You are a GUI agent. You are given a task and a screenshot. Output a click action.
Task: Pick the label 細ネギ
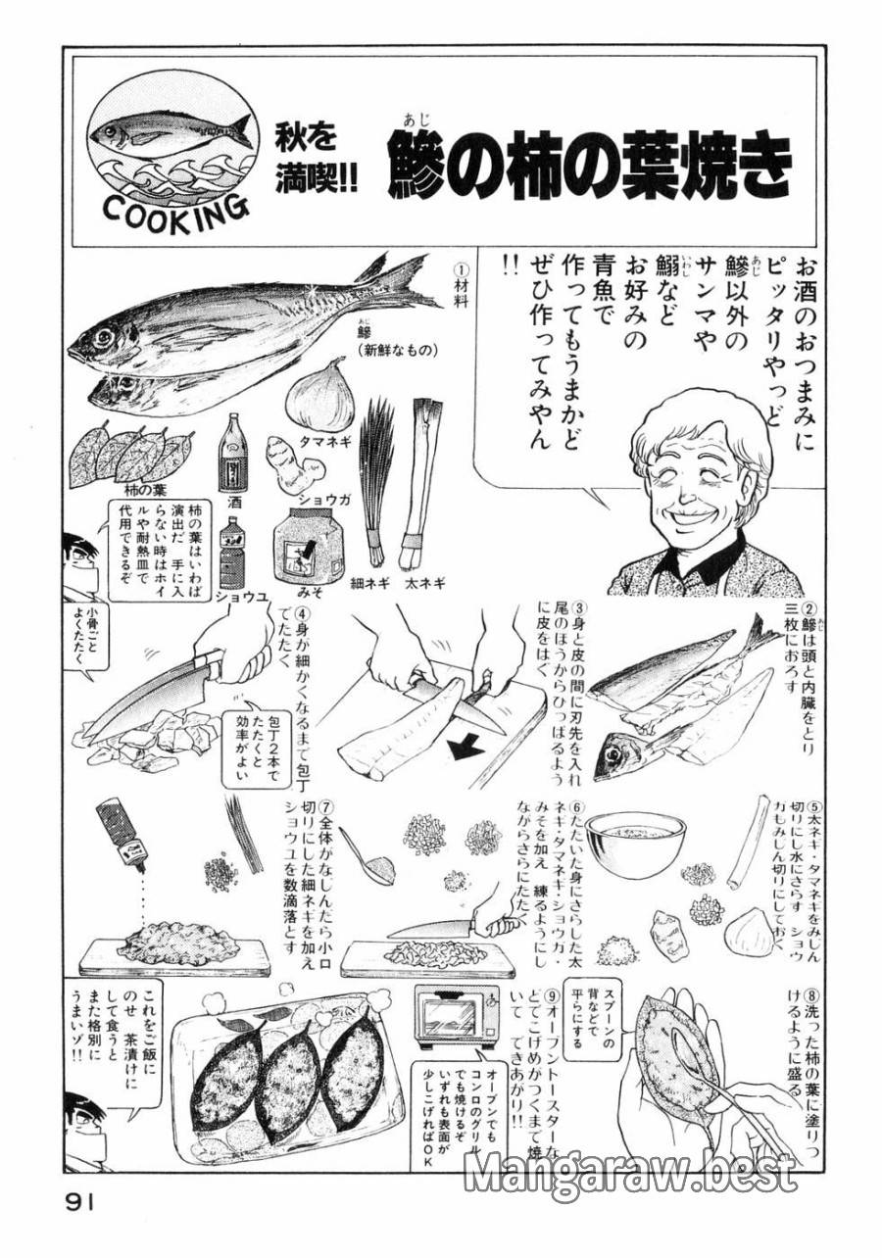pyautogui.click(x=370, y=582)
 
